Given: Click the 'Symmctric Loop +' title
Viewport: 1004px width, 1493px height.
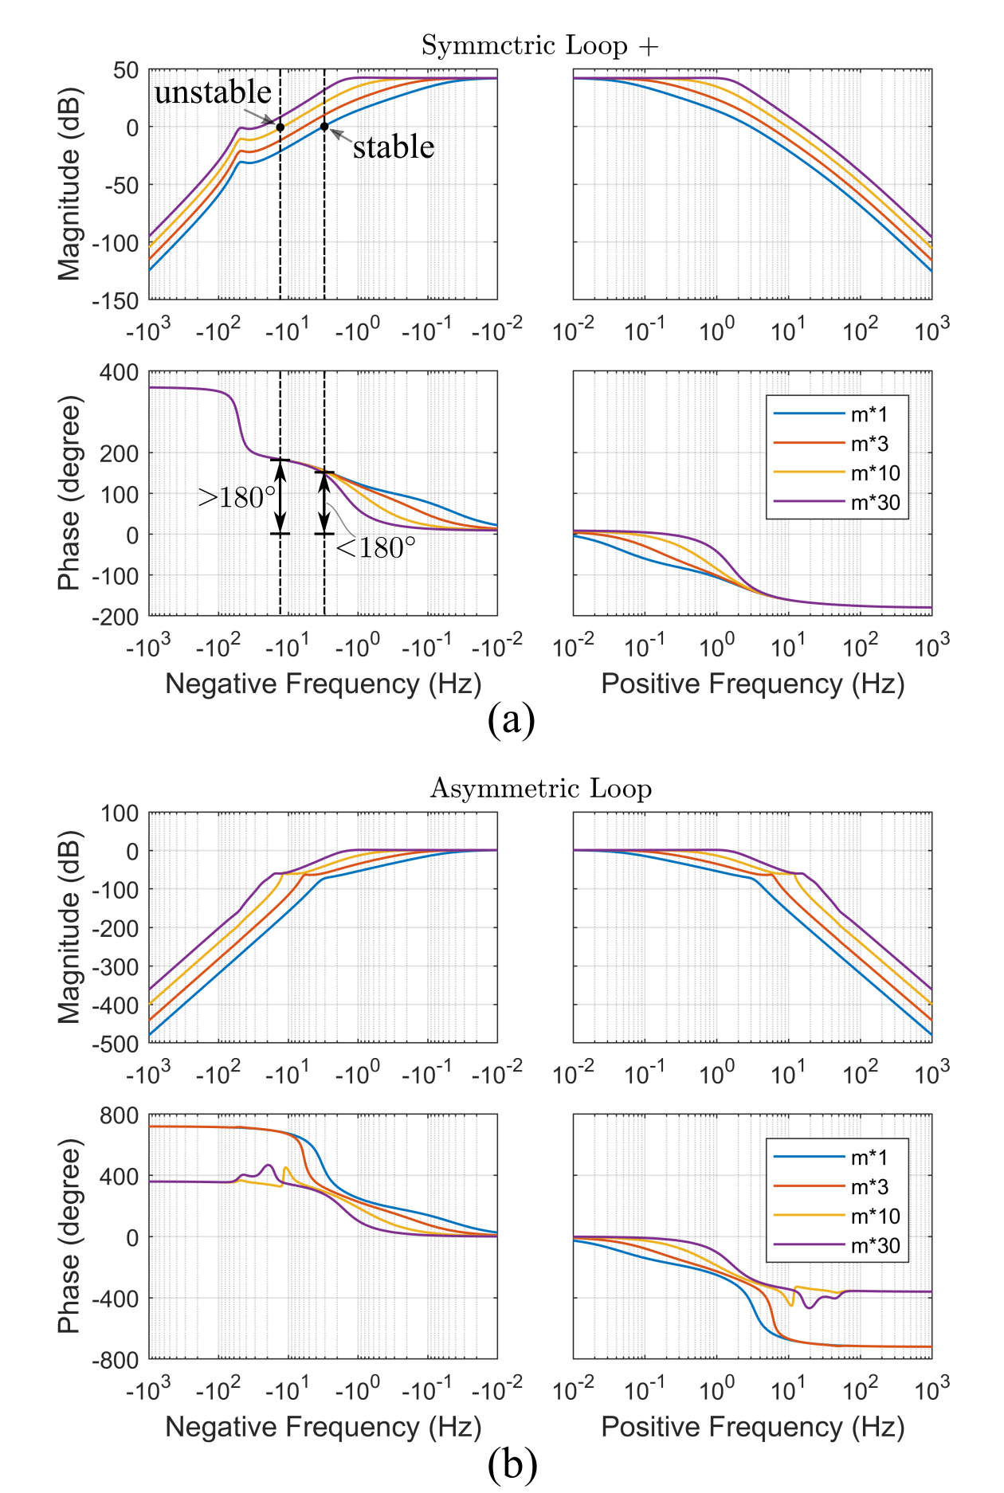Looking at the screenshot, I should click(540, 45).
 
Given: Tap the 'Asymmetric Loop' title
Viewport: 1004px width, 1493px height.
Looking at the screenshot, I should click(540, 788).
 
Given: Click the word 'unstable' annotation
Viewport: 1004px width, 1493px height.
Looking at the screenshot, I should click(213, 92).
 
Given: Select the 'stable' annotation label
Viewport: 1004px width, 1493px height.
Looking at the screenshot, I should click(394, 147).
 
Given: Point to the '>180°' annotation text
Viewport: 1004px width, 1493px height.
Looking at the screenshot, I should click(237, 497).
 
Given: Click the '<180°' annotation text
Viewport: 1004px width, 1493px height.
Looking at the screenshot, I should click(375, 548).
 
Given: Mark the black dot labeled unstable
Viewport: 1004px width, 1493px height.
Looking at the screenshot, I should click(280, 127).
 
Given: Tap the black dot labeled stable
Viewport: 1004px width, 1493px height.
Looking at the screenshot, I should click(324, 127).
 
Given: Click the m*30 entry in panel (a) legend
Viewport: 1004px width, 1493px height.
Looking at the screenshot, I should click(875, 503).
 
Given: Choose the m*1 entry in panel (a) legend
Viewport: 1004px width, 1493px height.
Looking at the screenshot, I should click(869, 414).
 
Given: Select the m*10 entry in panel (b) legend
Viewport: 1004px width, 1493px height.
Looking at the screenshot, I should click(875, 1217).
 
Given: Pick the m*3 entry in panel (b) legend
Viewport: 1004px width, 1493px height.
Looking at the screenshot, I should click(869, 1187).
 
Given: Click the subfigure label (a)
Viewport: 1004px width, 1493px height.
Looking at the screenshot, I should click(511, 720).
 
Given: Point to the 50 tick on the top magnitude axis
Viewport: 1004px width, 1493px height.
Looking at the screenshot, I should click(125, 70).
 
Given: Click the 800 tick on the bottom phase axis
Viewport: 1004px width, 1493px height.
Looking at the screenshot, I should click(119, 1115).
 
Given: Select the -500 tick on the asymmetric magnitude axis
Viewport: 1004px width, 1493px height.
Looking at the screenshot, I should click(115, 1043).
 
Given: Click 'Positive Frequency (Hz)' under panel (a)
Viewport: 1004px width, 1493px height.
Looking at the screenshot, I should click(752, 684).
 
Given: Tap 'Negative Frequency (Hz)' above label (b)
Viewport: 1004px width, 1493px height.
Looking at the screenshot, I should click(323, 1427).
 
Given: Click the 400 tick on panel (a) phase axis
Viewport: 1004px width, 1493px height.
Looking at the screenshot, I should click(119, 372).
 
